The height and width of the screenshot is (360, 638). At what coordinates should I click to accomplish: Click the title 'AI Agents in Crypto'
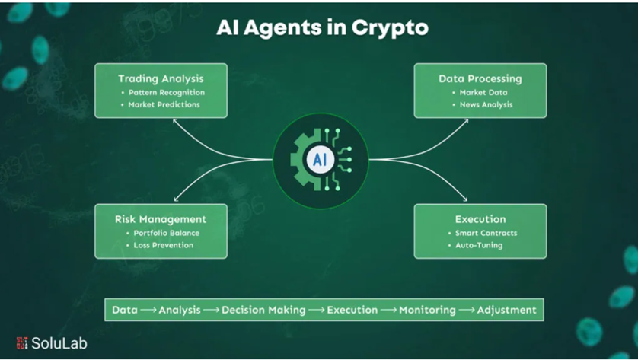pyautogui.click(x=322, y=27)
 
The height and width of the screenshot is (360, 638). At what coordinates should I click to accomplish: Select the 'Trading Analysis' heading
pyautogui.click(x=161, y=78)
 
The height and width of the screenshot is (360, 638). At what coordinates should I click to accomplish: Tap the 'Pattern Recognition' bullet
pyautogui.click(x=166, y=92)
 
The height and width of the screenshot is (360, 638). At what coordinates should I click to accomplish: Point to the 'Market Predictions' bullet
pyautogui.click(x=164, y=104)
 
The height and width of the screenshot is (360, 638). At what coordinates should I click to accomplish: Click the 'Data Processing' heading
pyautogui.click(x=480, y=78)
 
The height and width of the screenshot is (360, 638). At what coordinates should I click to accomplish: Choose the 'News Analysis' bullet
pyautogui.click(x=486, y=104)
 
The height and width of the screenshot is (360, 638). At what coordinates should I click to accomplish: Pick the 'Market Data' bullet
pyautogui.click(x=483, y=92)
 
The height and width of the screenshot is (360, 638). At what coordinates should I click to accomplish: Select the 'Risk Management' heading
pyautogui.click(x=161, y=219)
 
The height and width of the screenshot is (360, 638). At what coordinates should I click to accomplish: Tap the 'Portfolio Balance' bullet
pyautogui.click(x=166, y=233)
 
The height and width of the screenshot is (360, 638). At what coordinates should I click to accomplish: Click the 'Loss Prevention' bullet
pyautogui.click(x=163, y=245)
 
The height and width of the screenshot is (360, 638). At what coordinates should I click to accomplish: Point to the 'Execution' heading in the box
pyautogui.click(x=480, y=219)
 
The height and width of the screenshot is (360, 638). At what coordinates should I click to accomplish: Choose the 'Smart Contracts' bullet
pyautogui.click(x=486, y=233)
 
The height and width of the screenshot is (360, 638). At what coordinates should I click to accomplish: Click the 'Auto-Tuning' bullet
pyautogui.click(x=479, y=245)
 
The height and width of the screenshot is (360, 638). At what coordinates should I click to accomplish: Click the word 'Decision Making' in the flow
pyautogui.click(x=263, y=310)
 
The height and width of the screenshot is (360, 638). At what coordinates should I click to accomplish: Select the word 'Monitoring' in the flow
pyautogui.click(x=427, y=310)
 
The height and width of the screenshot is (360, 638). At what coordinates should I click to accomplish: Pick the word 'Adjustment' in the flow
pyautogui.click(x=506, y=310)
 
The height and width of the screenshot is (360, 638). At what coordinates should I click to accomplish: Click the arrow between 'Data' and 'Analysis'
pyautogui.click(x=148, y=310)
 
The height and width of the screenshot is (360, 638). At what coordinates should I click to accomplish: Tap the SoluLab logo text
pyautogui.click(x=59, y=343)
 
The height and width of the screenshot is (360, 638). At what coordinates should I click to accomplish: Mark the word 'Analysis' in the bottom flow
pyautogui.click(x=180, y=310)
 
